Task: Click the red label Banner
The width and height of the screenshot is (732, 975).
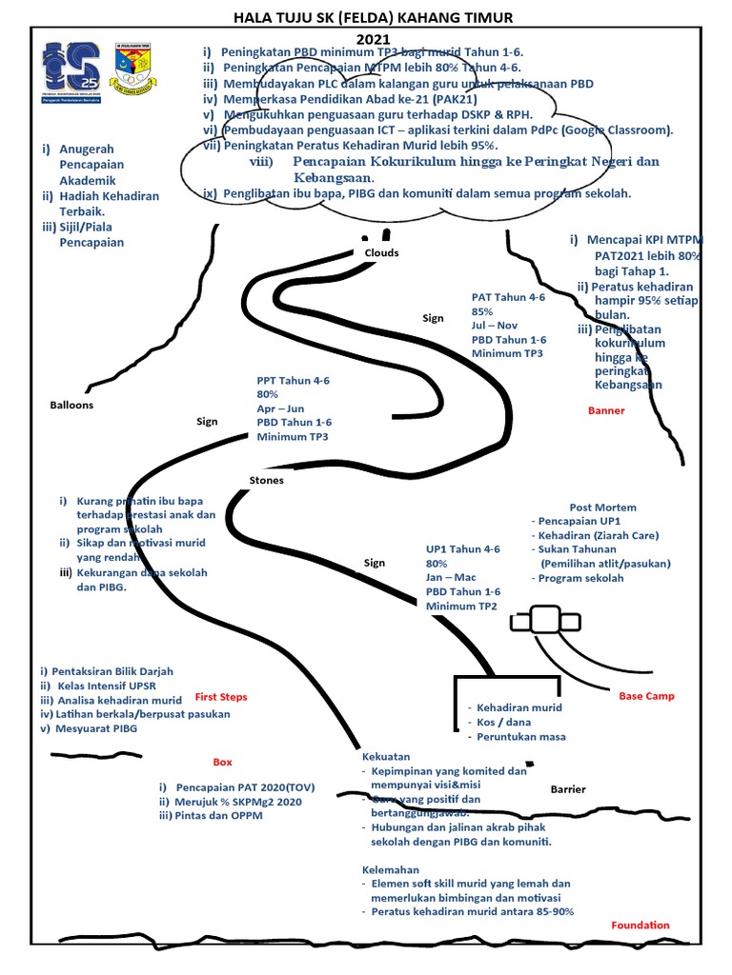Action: [x=606, y=411]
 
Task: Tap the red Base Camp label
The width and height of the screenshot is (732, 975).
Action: [x=646, y=696]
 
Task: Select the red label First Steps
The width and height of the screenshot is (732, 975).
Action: [x=221, y=696]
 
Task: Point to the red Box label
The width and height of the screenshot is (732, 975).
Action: [x=222, y=763]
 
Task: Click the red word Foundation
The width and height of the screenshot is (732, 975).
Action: [x=640, y=925]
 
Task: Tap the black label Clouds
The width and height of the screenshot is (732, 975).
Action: [x=381, y=253]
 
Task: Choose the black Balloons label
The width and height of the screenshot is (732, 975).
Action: [x=71, y=406]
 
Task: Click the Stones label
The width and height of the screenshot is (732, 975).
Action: [x=266, y=481]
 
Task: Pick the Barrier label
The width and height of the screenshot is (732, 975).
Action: [x=568, y=790]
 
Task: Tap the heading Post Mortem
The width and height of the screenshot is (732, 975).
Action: [x=602, y=507]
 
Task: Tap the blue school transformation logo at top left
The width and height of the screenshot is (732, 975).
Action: [x=73, y=73]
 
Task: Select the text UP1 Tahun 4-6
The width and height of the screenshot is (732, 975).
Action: [x=462, y=549]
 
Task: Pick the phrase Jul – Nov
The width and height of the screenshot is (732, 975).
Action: [x=494, y=326]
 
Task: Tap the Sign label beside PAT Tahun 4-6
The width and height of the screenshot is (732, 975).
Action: [x=433, y=319]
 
